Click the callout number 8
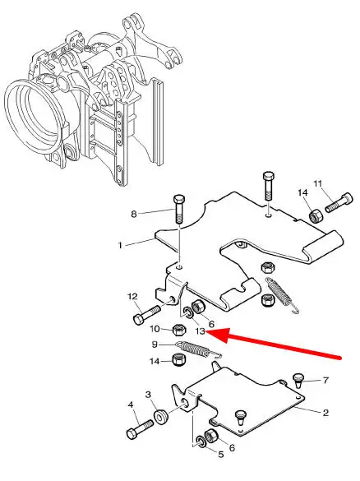(x=134, y=214)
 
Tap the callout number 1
(x=120, y=245)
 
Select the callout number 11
(x=318, y=183)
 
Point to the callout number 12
(x=132, y=297)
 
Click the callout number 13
(x=200, y=331)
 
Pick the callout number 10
(x=155, y=329)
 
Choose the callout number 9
(x=155, y=345)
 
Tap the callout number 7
(x=325, y=381)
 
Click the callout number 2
(x=325, y=412)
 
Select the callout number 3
(x=148, y=394)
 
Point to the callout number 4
(x=131, y=405)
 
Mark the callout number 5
(x=221, y=455)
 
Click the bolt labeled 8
(x=179, y=209)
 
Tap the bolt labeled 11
(x=339, y=202)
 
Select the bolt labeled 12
(x=146, y=315)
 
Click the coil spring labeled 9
(x=198, y=350)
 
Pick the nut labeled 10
(x=179, y=330)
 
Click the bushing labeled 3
(x=161, y=417)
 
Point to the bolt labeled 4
(x=140, y=429)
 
